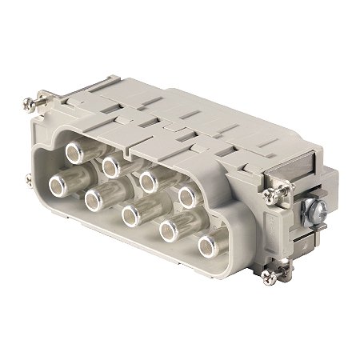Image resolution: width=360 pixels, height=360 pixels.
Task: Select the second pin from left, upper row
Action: (110, 165)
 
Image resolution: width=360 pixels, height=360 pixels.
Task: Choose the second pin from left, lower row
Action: (98, 200)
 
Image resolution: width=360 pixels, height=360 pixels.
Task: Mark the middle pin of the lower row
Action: (133, 214)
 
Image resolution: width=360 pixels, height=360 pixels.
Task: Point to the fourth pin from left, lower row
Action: (171, 231)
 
